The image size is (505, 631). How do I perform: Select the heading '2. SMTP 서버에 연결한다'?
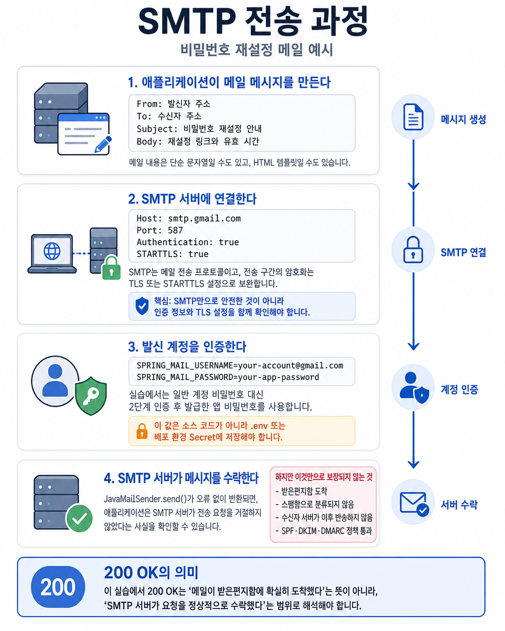click(x=192, y=199)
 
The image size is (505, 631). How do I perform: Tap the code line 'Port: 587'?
click(x=159, y=230)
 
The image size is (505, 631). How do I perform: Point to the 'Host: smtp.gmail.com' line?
click(x=189, y=218)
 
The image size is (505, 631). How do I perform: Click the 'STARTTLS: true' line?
click(x=172, y=254)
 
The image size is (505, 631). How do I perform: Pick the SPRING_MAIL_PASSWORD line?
click(x=228, y=377)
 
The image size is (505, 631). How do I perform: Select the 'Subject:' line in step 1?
click(x=199, y=129)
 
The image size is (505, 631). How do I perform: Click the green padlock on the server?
click(x=111, y=268)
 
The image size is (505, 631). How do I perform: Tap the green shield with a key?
click(x=91, y=396)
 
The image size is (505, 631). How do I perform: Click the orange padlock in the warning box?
click(x=142, y=431)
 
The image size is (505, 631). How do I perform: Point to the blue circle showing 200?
click(x=58, y=587)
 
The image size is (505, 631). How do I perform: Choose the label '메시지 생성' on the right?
click(x=463, y=119)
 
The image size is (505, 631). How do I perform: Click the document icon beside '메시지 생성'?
click(x=413, y=117)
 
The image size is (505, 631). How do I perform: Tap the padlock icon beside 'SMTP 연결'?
click(x=413, y=250)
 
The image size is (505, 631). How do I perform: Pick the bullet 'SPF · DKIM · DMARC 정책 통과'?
click(x=324, y=531)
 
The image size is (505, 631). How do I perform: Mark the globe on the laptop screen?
click(x=52, y=251)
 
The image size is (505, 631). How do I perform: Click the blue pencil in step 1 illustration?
click(x=103, y=144)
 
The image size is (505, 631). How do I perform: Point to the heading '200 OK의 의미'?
click(x=151, y=572)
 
